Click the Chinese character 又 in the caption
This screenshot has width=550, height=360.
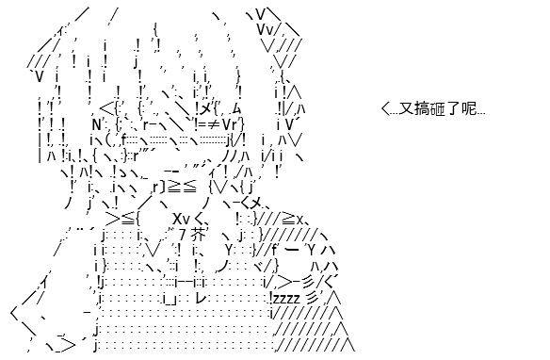[406, 108]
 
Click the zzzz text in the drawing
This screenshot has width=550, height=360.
[286, 299]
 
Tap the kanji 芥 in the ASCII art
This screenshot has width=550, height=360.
[199, 235]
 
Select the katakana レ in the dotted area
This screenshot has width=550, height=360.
[202, 298]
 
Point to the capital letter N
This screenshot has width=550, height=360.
[97, 124]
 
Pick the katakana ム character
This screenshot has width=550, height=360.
[235, 108]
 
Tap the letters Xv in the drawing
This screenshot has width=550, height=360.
[182, 220]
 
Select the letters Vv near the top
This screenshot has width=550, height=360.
[266, 30]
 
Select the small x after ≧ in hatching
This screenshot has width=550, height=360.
[299, 221]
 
